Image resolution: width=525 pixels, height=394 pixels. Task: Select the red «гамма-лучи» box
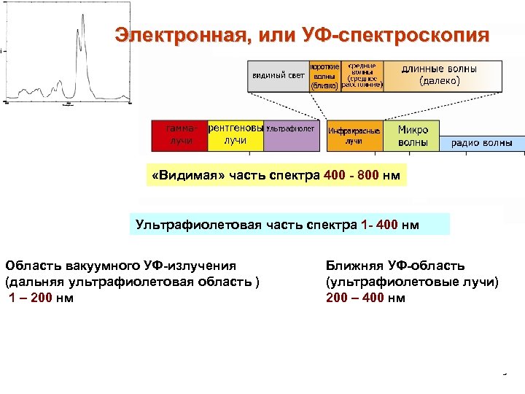(x=178, y=134)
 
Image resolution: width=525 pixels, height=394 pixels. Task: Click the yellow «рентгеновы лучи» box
(x=235, y=134)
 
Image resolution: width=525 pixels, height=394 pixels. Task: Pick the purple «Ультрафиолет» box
(x=290, y=134)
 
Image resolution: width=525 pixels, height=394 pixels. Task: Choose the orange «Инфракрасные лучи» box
(x=354, y=135)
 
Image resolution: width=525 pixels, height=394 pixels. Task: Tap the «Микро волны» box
(x=412, y=135)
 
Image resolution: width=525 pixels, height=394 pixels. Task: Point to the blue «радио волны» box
(x=481, y=143)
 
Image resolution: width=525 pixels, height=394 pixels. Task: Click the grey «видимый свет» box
(x=279, y=75)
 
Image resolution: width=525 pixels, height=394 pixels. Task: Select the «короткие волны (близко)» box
(x=324, y=75)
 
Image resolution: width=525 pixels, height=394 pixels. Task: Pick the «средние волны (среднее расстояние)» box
(x=362, y=74)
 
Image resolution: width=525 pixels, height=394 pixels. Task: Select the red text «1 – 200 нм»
(x=41, y=298)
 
